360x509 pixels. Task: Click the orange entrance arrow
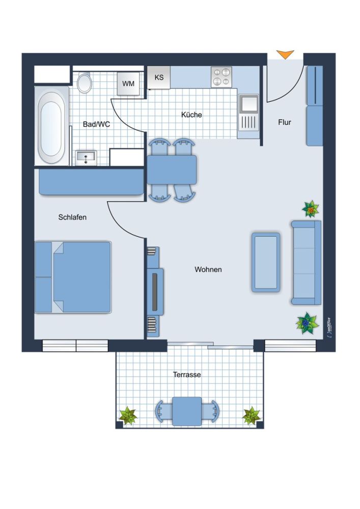285,54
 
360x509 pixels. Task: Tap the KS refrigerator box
159,77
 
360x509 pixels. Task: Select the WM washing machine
128,83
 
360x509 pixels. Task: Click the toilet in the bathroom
85,83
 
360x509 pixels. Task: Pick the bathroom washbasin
86,158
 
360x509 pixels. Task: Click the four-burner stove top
221,77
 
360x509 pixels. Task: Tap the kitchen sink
248,112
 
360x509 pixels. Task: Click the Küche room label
191,115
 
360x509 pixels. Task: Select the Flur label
284,122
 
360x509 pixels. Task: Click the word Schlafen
72,217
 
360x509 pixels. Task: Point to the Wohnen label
208,269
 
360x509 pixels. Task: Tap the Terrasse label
187,375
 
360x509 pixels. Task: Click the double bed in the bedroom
73,277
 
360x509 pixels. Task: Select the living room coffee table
266,262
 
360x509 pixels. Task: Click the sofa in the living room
307,263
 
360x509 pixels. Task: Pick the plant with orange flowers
311,209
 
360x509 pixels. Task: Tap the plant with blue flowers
307,323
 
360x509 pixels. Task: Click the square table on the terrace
187,411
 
